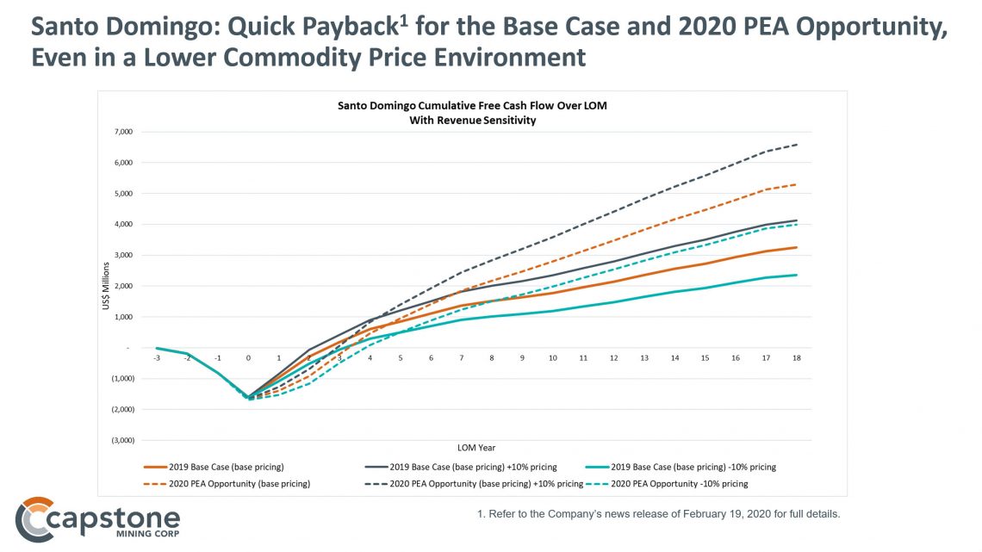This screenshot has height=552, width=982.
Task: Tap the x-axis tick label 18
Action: [797, 357]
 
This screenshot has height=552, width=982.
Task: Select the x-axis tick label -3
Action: [157, 357]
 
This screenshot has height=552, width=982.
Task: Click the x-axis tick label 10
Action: [551, 357]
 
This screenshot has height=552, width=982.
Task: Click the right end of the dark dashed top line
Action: [797, 144]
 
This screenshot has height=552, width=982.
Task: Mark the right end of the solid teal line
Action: [797, 275]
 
